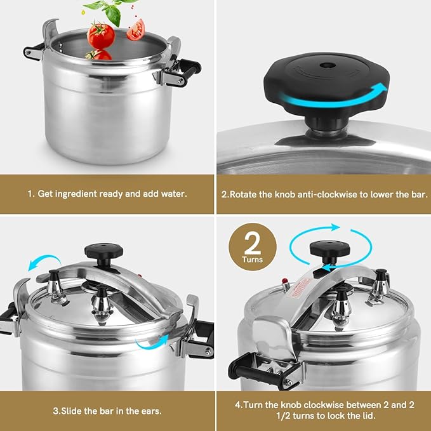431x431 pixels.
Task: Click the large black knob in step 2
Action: (324, 83)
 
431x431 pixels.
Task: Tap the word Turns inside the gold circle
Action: (252, 260)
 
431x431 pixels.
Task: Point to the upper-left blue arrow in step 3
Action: (44, 262)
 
